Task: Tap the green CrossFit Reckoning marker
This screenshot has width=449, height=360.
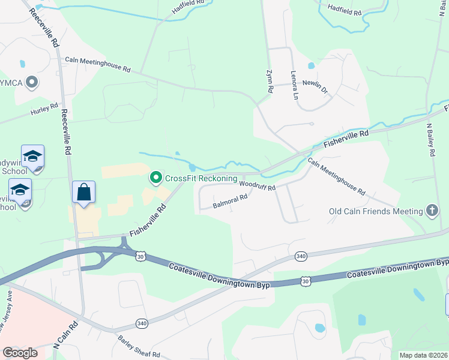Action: coord(156,178)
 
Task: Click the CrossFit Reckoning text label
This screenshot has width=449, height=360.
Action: coord(201,178)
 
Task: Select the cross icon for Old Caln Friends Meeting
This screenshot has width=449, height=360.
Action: coord(431,211)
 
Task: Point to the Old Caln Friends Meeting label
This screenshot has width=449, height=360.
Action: coord(376,211)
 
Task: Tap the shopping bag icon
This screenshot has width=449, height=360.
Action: coord(83,193)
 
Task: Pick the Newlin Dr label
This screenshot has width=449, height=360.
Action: coord(316,86)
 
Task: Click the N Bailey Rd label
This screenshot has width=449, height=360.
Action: coord(430,140)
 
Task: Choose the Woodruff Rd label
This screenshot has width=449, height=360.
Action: coord(257,187)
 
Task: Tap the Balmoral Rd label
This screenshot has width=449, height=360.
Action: coord(231,201)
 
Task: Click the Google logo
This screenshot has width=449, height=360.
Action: coord(20,353)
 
